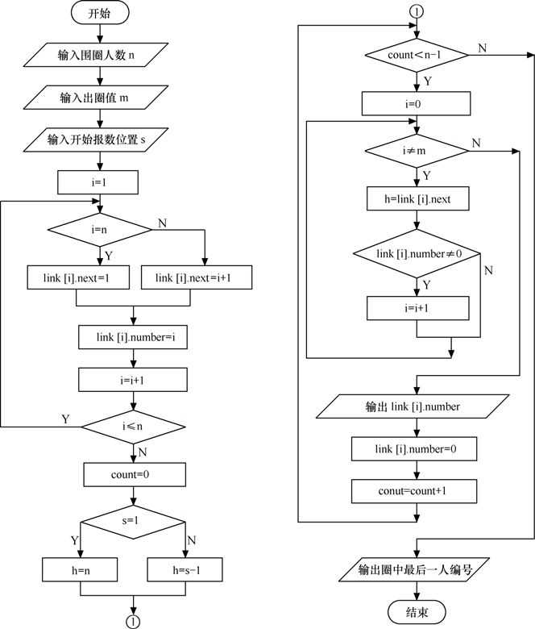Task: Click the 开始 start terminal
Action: (x=99, y=14)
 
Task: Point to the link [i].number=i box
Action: (x=133, y=337)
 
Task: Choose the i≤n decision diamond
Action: (x=133, y=424)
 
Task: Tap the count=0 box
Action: (x=133, y=474)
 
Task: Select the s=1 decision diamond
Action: (x=133, y=521)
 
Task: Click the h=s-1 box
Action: (x=186, y=571)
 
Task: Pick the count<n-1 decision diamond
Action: (x=417, y=55)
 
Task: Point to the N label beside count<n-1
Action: (x=482, y=48)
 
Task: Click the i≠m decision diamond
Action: (x=417, y=150)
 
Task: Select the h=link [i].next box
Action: (x=417, y=198)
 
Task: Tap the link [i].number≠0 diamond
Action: (x=417, y=255)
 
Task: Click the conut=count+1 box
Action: (x=417, y=490)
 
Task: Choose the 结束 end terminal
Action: (x=417, y=612)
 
